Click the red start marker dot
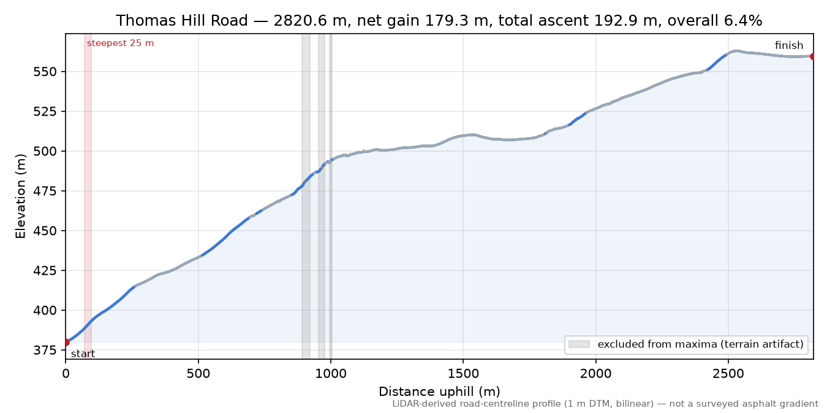coord(66,342)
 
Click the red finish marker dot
coord(812,56)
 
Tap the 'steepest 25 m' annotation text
coord(120,43)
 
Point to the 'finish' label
coord(789,45)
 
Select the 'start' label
coord(83,354)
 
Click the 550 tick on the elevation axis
coord(45,72)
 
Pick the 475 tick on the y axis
coord(45,191)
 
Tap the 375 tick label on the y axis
coord(45,350)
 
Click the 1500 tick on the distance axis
coord(463,374)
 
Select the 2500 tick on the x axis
coord(728,374)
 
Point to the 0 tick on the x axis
coord(66,374)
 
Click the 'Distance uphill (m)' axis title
coord(439,392)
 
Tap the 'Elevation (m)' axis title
coord(21,196)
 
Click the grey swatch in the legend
coord(579,344)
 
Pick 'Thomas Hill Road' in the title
coord(182,21)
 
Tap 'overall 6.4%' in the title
coord(715,21)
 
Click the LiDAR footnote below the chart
coord(605,404)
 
